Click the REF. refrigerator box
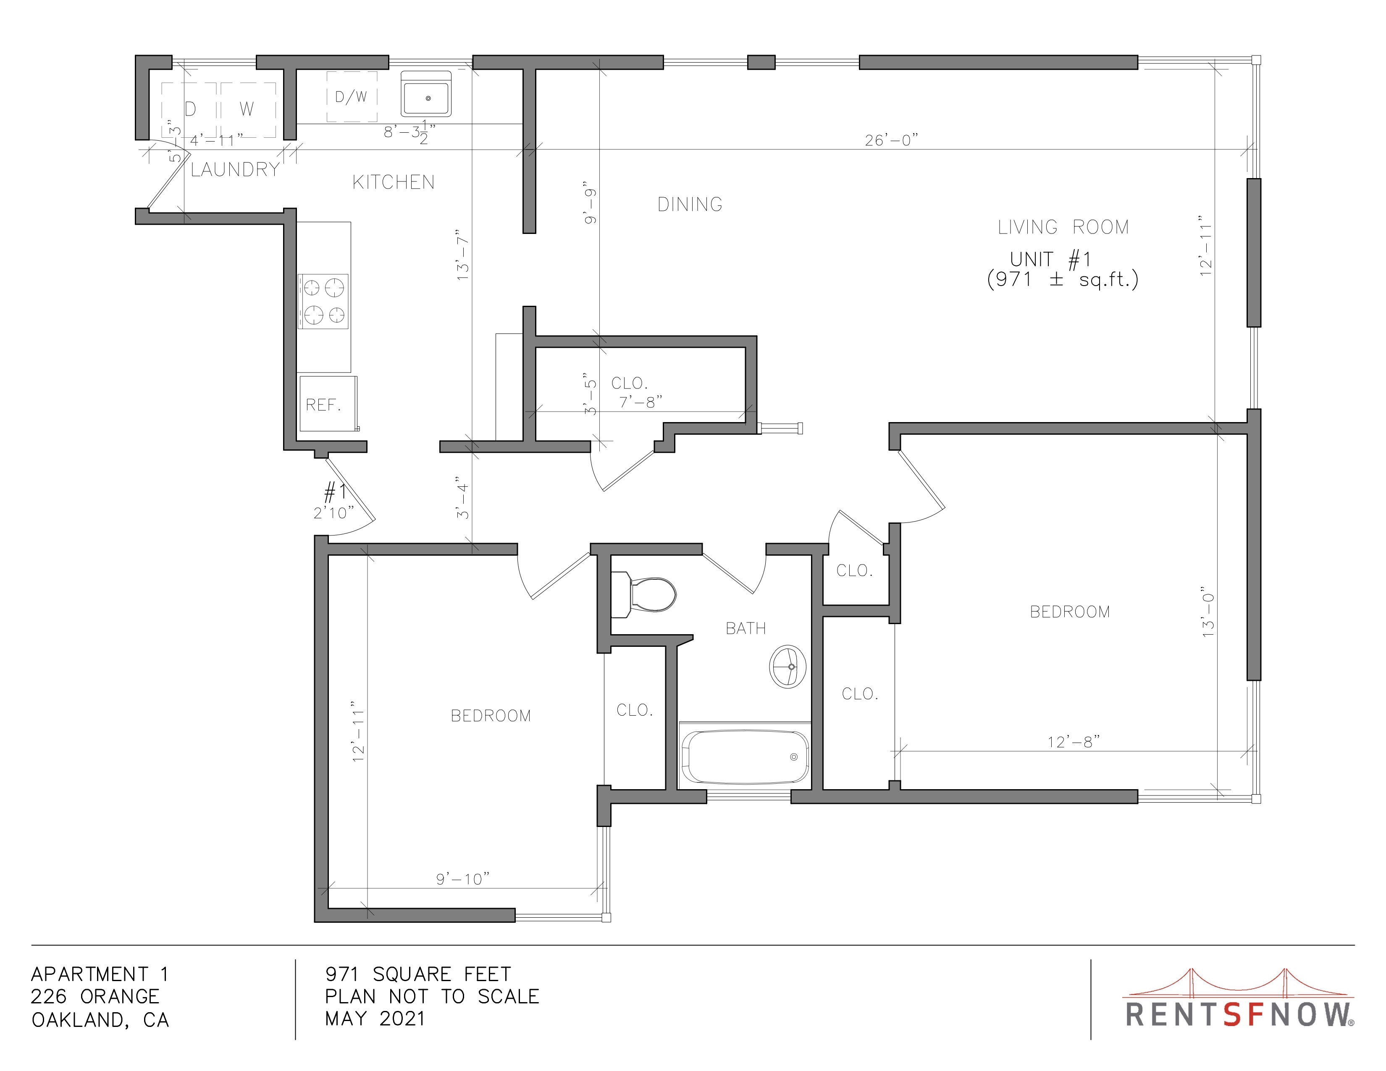tap(328, 404)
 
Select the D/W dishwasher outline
tap(352, 97)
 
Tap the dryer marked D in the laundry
tap(189, 109)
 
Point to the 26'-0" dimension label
tap(892, 139)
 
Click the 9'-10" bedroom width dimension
tap(463, 879)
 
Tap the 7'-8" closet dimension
tap(641, 402)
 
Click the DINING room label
tap(690, 204)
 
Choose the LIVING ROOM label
tap(1063, 227)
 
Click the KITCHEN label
tap(394, 183)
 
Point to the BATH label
tap(745, 628)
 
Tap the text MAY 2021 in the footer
tap(375, 1019)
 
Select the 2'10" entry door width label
tap(334, 513)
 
